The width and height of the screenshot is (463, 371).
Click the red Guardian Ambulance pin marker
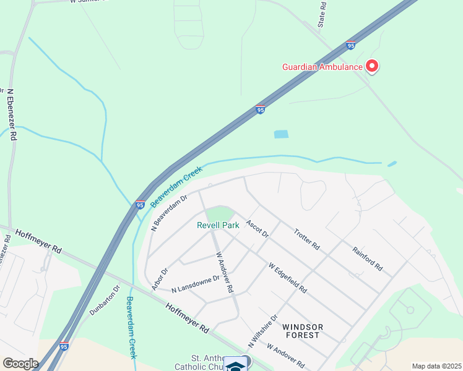pos(372,65)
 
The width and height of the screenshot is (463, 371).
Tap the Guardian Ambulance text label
pos(322,67)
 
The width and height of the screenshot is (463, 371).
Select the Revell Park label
pos(218,226)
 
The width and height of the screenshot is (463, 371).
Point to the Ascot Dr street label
pos(257,229)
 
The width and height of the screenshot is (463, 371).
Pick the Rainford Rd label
pos(368,259)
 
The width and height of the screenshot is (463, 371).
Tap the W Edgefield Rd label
pos(288,278)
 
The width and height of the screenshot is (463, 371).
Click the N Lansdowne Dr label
pos(196,284)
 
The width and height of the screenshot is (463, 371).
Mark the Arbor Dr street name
pos(160,279)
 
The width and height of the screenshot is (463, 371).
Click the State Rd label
pos(322,14)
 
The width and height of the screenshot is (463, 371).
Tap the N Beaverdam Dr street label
pos(169,213)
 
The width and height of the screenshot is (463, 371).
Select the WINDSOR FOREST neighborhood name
pos(301,330)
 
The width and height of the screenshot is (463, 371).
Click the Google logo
pos(20,364)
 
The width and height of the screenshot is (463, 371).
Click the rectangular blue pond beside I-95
pos(281,134)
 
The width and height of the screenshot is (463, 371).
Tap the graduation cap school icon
pos(235,365)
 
